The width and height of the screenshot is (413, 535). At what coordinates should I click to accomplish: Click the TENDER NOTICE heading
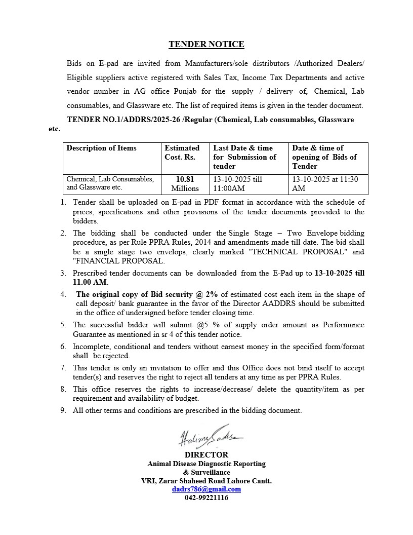click(x=206, y=45)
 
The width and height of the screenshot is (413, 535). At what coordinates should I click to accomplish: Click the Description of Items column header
click(x=101, y=148)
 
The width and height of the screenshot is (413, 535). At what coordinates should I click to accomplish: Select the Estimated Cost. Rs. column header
click(x=182, y=152)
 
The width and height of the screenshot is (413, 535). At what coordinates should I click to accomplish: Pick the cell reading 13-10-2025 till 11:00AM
click(x=237, y=184)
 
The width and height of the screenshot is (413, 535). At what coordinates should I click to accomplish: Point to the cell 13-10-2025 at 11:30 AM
click(x=325, y=184)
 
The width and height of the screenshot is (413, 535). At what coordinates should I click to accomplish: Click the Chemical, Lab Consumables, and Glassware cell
click(x=110, y=183)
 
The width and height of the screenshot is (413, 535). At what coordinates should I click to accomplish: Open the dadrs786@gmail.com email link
click(x=206, y=489)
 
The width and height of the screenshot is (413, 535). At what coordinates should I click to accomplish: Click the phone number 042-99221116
click(x=206, y=498)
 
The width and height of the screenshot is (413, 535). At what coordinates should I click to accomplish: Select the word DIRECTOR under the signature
click(x=206, y=455)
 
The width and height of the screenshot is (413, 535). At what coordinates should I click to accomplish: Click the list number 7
click(x=63, y=368)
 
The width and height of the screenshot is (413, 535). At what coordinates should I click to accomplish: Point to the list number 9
click(x=63, y=410)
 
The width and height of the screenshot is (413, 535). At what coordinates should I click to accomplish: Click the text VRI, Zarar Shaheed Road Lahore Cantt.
click(x=206, y=481)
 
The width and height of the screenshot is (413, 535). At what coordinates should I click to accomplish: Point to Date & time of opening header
click(x=324, y=157)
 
